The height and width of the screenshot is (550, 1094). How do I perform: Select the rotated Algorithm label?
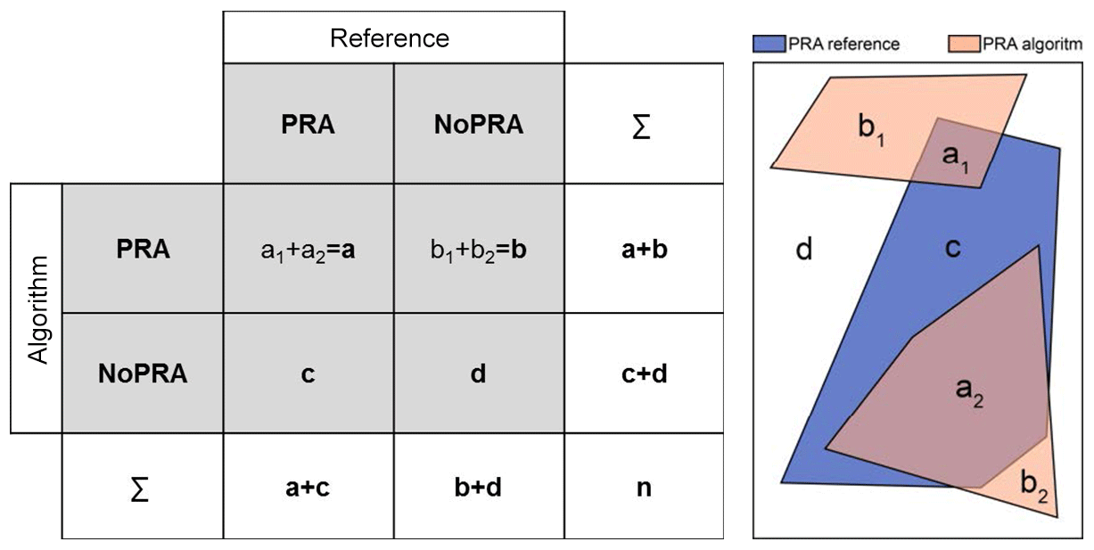coord(37,308)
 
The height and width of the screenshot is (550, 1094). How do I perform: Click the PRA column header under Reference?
coord(308,125)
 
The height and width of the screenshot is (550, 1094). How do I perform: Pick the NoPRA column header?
coord(479,125)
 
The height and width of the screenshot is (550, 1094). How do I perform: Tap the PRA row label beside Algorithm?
coord(143,249)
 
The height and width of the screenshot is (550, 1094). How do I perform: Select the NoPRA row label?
coord(143,374)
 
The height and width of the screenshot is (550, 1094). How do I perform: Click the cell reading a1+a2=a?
coord(308,249)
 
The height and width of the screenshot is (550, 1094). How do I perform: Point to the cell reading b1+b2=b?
coord(479,249)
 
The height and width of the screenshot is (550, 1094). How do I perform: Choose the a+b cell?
coord(643,249)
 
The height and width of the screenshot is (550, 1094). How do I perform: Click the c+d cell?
coord(643,374)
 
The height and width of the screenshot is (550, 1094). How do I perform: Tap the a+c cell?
coord(308,488)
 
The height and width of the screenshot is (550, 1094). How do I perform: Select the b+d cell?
coord(479,488)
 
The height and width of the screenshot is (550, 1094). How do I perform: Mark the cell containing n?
coord(643,488)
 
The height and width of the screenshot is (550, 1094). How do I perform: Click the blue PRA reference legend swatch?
coord(768,44)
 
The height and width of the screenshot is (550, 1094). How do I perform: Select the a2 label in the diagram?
coord(968,390)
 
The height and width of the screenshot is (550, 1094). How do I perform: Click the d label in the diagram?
coord(803,250)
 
